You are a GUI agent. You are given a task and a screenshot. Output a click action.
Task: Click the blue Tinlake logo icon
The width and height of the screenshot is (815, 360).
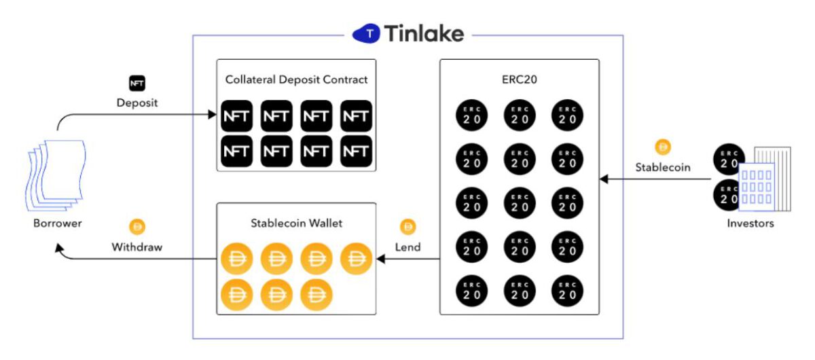(x=366, y=33)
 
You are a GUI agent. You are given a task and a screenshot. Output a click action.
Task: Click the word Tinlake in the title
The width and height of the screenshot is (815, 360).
(x=424, y=33)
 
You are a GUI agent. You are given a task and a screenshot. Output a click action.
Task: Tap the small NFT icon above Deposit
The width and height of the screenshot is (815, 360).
(x=137, y=84)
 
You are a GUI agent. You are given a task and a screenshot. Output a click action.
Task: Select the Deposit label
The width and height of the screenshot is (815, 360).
(x=137, y=103)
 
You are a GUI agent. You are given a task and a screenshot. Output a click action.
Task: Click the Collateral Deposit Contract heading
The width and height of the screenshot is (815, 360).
(x=296, y=79)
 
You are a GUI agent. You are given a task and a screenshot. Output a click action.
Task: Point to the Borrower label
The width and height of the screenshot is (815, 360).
(x=58, y=223)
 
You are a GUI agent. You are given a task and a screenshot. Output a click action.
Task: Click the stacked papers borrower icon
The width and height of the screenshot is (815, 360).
(x=56, y=175)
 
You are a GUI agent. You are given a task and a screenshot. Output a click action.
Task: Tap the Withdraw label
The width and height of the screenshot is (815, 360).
(x=137, y=247)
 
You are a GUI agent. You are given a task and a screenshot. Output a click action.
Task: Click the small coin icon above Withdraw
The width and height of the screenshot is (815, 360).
(x=137, y=227)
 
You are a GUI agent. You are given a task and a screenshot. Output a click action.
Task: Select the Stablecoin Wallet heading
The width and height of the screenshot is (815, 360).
(x=296, y=223)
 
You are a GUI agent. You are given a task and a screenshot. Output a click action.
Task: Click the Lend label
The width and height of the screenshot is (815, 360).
(x=408, y=247)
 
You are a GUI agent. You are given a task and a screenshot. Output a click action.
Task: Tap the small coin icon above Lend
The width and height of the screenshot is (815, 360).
(x=408, y=227)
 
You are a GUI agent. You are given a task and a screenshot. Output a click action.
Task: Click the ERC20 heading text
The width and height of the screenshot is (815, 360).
(x=519, y=79)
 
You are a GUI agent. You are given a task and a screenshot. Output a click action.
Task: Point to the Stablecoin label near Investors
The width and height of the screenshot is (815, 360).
(x=663, y=167)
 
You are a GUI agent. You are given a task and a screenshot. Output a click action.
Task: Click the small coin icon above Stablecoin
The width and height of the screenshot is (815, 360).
(x=663, y=147)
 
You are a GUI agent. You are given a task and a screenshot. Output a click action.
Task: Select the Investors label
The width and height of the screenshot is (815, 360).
(x=750, y=223)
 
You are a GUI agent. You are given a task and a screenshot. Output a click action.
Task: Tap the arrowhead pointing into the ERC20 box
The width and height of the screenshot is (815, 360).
(x=604, y=179)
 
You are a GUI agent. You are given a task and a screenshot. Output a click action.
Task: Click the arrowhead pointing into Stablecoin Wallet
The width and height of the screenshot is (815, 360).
(x=381, y=259)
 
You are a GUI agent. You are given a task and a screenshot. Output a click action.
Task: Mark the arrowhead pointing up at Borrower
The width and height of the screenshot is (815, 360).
(x=59, y=249)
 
